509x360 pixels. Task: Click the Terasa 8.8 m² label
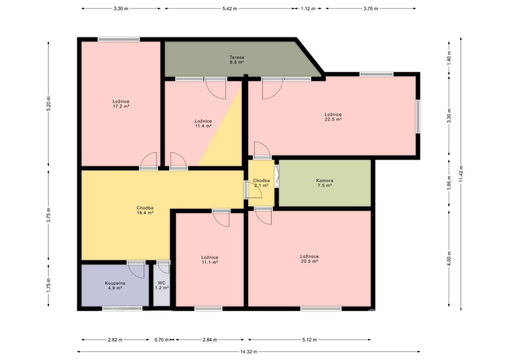pyautogui.click(x=237, y=60)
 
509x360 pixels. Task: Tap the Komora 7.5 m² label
pyautogui.click(x=325, y=183)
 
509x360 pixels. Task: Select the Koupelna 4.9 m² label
pyautogui.click(x=115, y=285)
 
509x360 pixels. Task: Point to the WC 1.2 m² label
pyautogui.click(x=162, y=285)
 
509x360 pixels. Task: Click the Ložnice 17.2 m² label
pyautogui.click(x=121, y=104)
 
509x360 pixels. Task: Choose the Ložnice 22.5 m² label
pyautogui.click(x=333, y=117)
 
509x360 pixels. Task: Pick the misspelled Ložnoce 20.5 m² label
pyautogui.click(x=309, y=259)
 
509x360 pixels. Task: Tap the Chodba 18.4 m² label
pyautogui.click(x=145, y=210)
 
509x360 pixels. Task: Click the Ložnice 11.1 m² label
pyautogui.click(x=210, y=260)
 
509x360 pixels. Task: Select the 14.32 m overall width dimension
pyautogui.click(x=249, y=352)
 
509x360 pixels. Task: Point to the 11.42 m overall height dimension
pyautogui.click(x=461, y=174)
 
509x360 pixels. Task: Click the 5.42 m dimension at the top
pyautogui.click(x=229, y=9)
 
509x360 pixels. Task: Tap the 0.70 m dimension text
pyautogui.click(x=162, y=340)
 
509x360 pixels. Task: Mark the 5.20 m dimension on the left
pyautogui.click(x=49, y=104)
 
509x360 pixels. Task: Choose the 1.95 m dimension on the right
pyautogui.click(x=449, y=183)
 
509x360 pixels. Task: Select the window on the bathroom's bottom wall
pyautogui.click(x=122, y=308)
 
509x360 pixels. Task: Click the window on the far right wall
pyautogui.click(x=418, y=116)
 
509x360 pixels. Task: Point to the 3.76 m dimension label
pyautogui.click(x=371, y=9)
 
